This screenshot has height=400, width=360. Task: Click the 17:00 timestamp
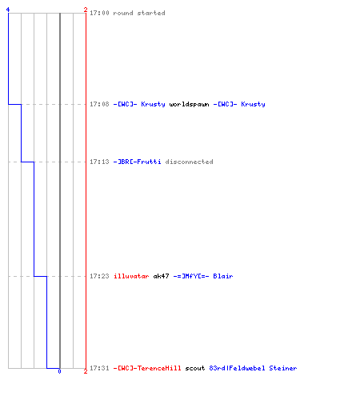point(99,13)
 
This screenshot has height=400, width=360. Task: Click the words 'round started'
point(139,13)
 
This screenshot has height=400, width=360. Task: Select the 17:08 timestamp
point(99,104)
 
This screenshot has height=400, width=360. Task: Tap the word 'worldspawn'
point(189,104)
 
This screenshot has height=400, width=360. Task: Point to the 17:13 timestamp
point(99,162)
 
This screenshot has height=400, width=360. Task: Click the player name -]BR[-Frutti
point(137,162)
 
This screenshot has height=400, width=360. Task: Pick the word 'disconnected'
point(189,162)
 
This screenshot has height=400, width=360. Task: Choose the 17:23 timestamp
point(99,276)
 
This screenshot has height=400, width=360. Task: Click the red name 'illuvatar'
point(131,276)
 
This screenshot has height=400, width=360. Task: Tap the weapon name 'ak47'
point(161,276)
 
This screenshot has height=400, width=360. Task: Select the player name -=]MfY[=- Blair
point(203,276)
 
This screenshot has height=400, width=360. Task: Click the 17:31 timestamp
point(99,368)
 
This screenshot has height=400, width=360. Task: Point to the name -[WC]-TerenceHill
point(147,368)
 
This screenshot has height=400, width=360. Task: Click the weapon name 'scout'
point(195,368)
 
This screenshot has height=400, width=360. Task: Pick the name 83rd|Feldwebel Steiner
point(253,368)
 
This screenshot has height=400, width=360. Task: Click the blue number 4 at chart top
point(8,10)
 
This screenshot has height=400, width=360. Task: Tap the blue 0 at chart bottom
point(59,371)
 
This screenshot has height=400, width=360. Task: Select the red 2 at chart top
point(86,10)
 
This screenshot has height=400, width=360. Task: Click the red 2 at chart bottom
point(86,371)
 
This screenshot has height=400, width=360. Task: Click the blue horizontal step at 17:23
point(41,276)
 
